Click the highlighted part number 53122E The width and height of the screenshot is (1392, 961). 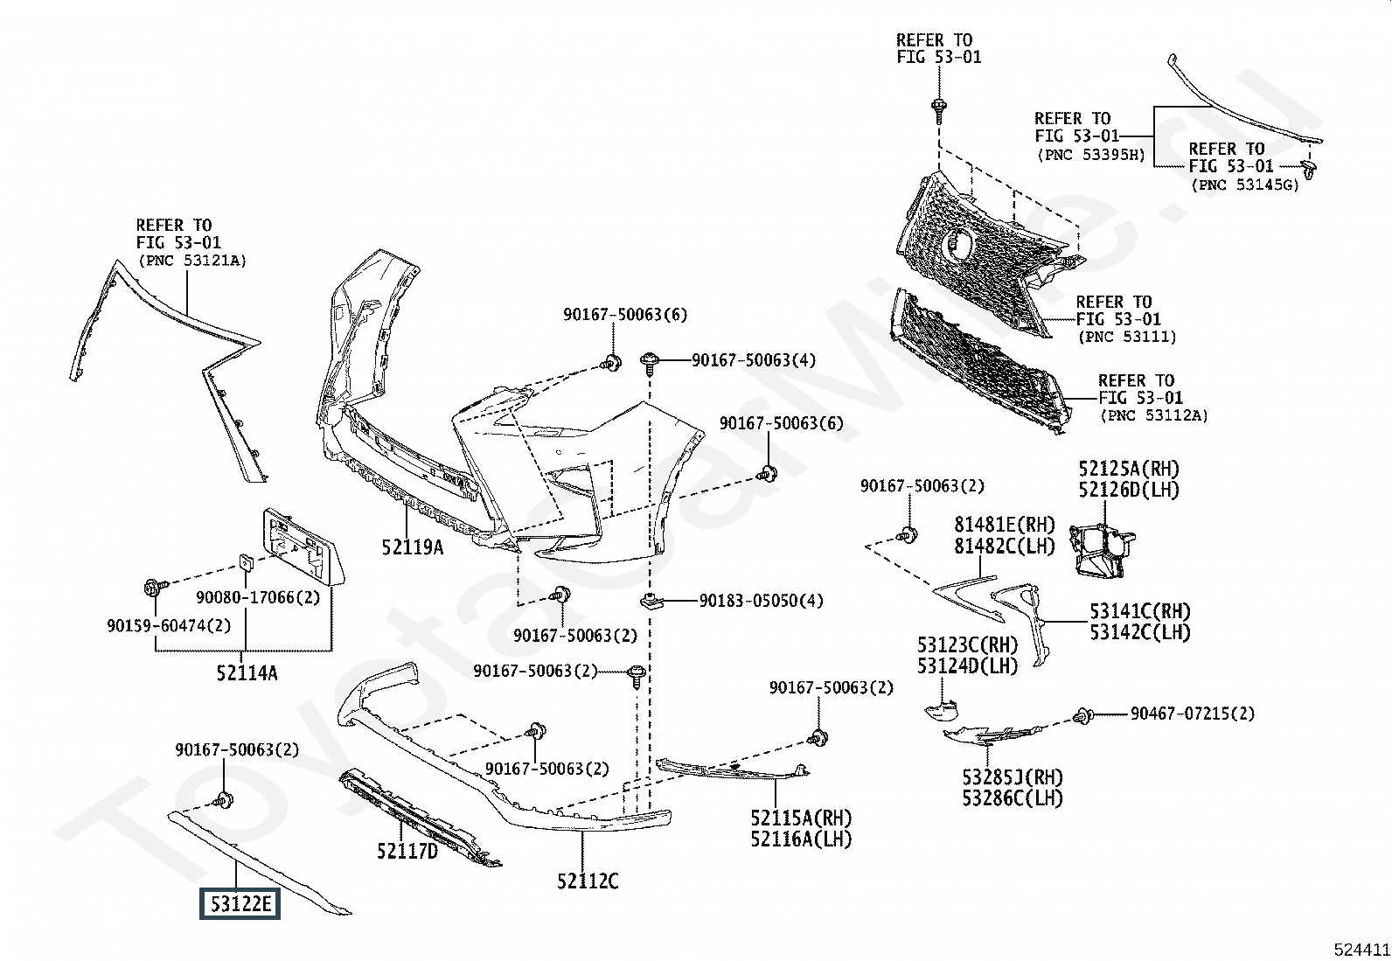[240, 904]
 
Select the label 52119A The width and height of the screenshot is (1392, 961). [413, 547]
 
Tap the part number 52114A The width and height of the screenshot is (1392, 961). [247, 672]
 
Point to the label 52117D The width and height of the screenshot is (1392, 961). [407, 851]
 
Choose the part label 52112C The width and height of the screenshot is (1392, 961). [588, 881]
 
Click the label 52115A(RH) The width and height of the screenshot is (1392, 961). [801, 818]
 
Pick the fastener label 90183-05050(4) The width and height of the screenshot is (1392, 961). [762, 601]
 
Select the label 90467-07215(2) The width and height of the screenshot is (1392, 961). [1193, 713]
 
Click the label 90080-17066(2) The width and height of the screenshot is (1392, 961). [258, 597]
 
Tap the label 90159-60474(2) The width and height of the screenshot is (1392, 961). [169, 625]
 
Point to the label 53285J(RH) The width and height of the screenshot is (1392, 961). [1013, 777]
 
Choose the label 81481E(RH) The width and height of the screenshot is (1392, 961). [1005, 525]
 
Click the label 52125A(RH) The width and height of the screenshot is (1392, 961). [1129, 469]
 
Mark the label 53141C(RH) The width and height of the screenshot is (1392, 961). [1140, 611]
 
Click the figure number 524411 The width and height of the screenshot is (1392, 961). [1361, 950]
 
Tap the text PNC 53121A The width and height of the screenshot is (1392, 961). [192, 261]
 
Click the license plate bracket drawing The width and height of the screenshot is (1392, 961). [303, 547]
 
